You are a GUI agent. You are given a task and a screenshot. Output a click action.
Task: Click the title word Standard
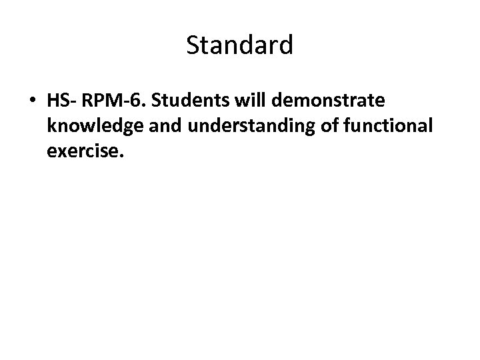pos(239,46)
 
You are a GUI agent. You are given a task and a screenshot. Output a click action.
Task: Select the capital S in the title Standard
pos(193,46)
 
